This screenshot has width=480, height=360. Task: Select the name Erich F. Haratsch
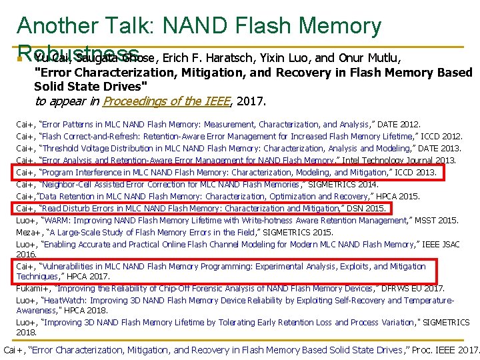click(x=209, y=57)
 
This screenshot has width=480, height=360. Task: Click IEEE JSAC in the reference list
click(x=439, y=245)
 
